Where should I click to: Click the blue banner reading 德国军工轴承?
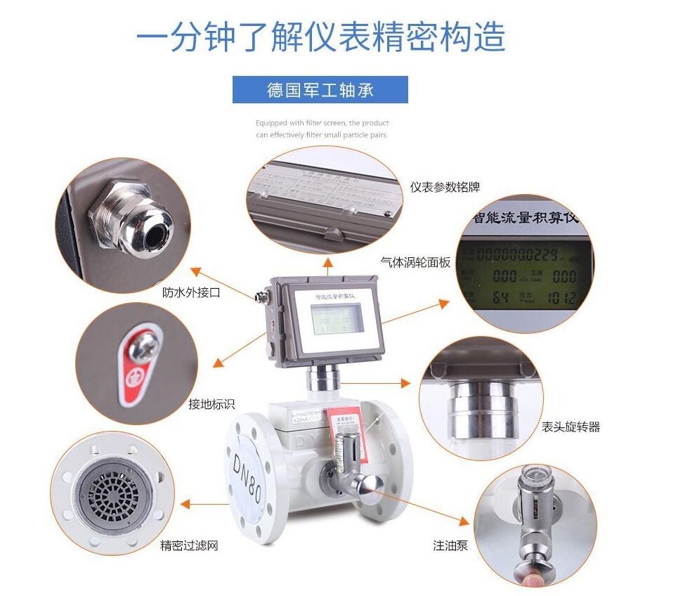320,90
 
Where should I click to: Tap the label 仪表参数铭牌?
445,187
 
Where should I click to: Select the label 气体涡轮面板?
415,262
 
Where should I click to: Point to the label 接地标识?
211,404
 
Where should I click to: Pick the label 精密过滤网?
189,545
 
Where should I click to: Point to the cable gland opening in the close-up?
155,226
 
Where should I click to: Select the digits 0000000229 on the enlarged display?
517,254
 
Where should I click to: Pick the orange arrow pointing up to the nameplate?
327,263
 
